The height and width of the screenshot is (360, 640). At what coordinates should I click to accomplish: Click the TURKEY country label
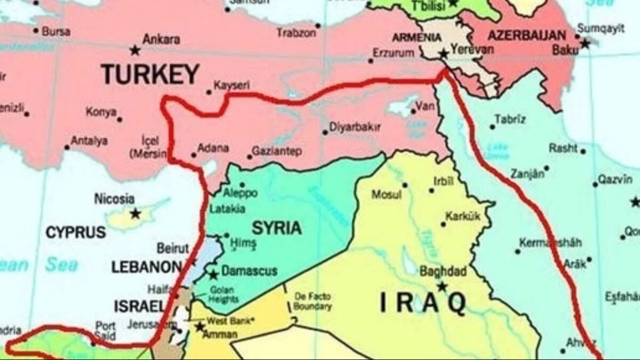[x=150, y=74]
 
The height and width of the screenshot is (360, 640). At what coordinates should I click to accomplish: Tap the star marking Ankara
[x=135, y=51]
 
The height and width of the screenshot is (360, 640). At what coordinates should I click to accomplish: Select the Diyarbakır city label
[x=355, y=127]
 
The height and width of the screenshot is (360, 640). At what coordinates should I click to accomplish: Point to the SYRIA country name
[x=276, y=228]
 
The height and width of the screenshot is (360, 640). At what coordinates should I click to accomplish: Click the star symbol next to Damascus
[x=213, y=275]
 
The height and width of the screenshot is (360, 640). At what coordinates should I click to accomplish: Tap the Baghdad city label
[x=443, y=270]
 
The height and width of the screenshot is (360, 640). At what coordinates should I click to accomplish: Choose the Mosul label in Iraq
[x=386, y=195]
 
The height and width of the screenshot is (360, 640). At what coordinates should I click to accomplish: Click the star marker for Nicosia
[x=135, y=213]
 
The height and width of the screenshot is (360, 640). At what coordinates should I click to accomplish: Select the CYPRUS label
[x=75, y=233]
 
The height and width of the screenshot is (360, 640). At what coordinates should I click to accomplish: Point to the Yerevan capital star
[x=443, y=54]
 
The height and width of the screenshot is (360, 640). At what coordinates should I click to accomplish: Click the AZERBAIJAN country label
[x=526, y=36]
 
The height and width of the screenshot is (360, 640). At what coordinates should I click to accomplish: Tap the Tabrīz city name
[x=510, y=119]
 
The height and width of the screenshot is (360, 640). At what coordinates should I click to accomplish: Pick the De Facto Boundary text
[x=312, y=301]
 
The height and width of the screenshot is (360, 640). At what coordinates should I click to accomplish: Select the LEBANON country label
[x=147, y=267]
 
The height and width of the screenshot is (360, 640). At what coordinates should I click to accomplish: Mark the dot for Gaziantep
[x=249, y=157]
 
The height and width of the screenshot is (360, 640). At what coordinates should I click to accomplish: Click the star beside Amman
[x=200, y=326]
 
